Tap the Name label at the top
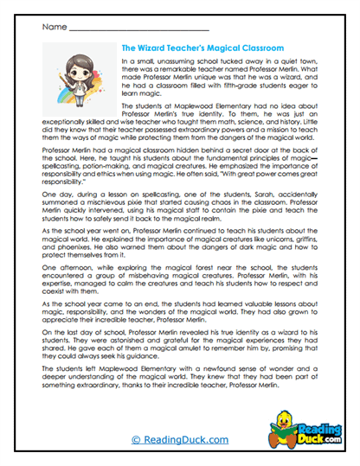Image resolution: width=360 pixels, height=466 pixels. (x=53, y=27)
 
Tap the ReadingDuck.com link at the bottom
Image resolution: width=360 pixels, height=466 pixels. (x=179, y=439)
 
